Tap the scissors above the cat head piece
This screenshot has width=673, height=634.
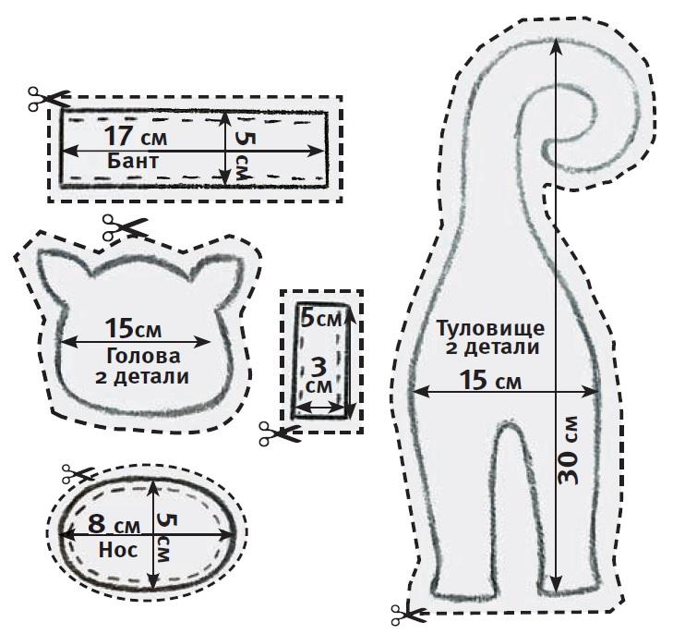pos(125,226)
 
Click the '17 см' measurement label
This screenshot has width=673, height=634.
pos(137,136)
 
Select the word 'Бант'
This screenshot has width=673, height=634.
pos(134,162)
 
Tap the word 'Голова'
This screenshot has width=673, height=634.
pos(144,356)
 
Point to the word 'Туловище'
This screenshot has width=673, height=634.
pos(490,328)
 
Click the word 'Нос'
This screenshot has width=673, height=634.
pos(116,549)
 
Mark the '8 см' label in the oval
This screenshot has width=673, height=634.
pos(114,525)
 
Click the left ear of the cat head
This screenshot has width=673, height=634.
pos(60,268)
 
